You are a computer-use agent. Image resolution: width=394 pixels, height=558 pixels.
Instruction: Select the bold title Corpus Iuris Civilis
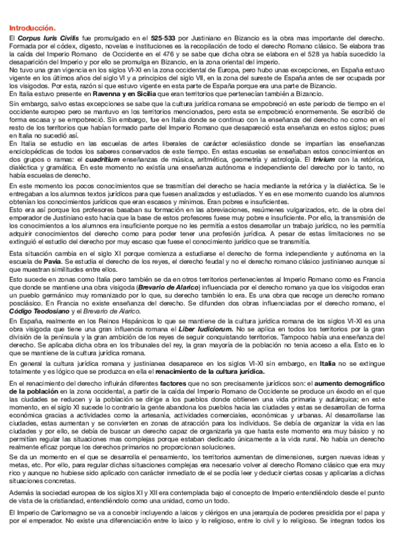(x=44, y=39)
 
